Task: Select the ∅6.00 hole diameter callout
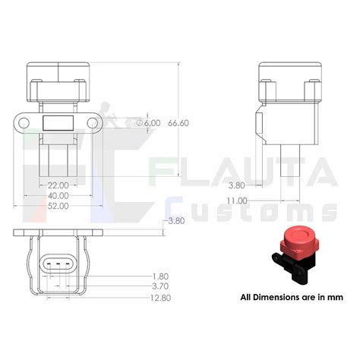[x=149, y=122]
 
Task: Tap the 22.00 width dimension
[x=58, y=185]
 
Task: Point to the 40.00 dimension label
[x=58, y=195]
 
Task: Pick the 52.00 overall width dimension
[x=58, y=206]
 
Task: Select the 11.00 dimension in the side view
[x=237, y=201]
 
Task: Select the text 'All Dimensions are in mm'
[x=287, y=297]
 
